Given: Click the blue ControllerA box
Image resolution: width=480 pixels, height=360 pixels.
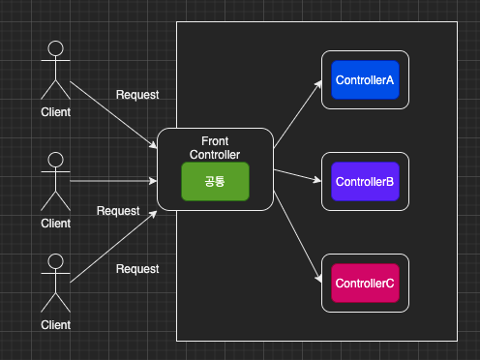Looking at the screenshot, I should [365, 80].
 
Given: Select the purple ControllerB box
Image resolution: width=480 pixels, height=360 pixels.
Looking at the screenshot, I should [365, 181].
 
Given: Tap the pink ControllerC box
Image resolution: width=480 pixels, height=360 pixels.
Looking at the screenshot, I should [365, 283].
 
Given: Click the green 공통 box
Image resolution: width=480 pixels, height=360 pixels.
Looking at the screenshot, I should [215, 182].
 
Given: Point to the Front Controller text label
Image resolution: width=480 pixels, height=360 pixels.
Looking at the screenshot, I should [215, 148].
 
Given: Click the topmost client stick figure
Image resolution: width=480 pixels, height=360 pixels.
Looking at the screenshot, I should [56, 70].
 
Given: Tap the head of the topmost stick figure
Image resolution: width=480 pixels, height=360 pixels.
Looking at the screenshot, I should [56, 48].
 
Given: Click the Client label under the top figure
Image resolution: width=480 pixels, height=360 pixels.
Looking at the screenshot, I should [56, 111].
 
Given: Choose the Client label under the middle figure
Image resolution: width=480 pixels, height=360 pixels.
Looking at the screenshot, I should [56, 224].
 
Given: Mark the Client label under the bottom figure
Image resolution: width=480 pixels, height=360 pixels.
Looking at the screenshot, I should [56, 325].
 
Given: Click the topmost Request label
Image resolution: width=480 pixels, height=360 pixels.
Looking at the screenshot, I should [137, 95].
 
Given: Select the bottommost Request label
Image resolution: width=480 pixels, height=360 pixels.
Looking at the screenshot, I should [137, 269].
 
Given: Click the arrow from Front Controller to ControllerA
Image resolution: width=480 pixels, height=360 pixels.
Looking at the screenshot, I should [298, 114].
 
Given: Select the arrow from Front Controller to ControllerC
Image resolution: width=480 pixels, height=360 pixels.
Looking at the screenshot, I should [298, 237].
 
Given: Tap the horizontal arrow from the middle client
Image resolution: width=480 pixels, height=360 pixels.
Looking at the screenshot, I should [114, 180].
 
